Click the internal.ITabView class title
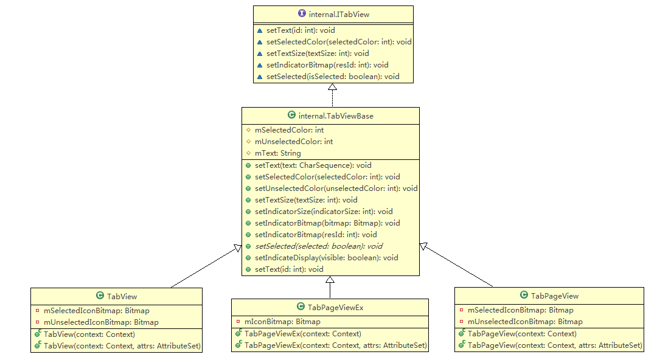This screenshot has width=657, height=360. tap(338, 14)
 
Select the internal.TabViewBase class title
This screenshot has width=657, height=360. tap(336, 116)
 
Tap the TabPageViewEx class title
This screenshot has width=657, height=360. tap(335, 307)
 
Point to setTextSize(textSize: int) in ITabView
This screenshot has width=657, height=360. tap(318, 54)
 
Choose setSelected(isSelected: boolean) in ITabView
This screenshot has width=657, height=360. tap(333, 77)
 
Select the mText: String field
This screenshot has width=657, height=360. tap(278, 153)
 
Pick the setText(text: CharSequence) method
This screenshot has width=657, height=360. tap(313, 165)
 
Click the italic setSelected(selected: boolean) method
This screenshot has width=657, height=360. tap(319, 246)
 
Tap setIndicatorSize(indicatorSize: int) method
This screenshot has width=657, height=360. tap(324, 212)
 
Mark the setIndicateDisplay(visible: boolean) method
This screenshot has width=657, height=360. tap(327, 258)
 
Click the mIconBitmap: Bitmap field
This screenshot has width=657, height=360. tap(282, 322)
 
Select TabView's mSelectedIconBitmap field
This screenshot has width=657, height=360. tap(96, 311)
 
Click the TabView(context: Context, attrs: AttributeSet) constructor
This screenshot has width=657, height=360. tap(122, 345)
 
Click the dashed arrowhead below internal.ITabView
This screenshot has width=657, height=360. tap(332, 88)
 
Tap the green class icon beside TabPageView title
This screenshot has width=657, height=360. tap(524, 296)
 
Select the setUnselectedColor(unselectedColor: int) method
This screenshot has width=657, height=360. tap(336, 189)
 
